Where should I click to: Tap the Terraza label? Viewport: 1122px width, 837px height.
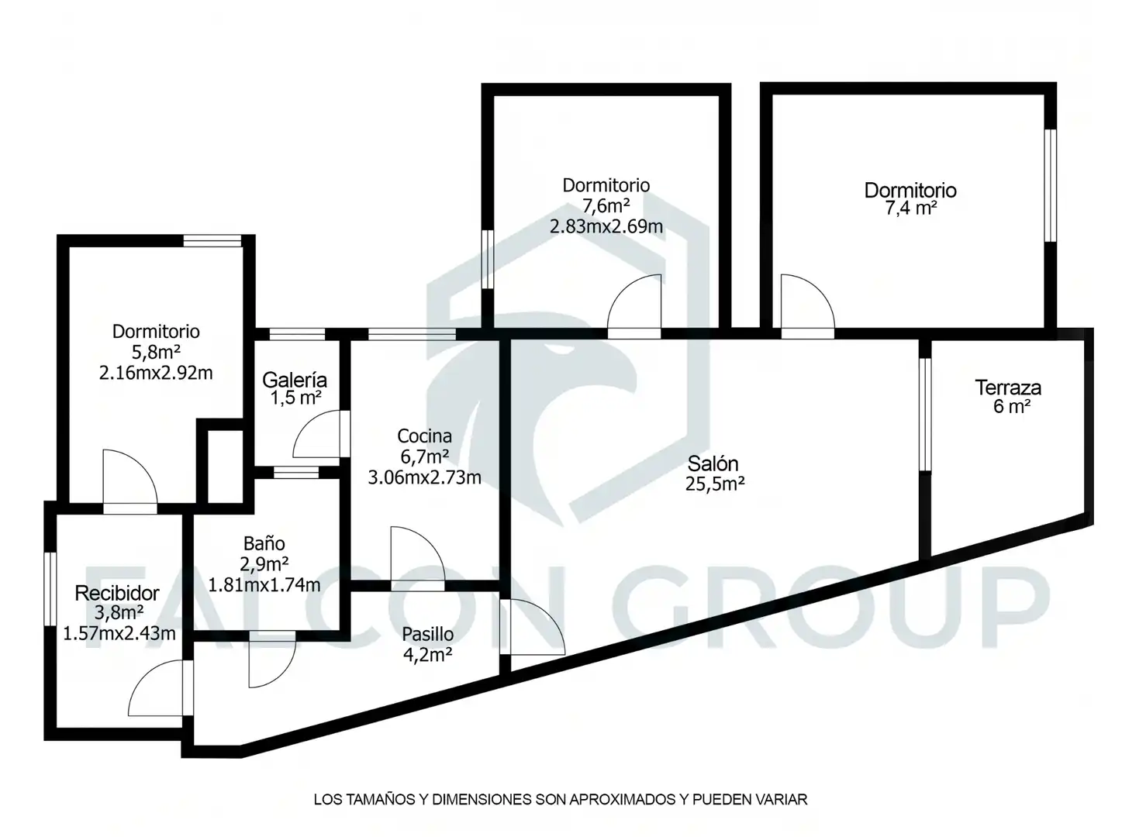click(1007, 387)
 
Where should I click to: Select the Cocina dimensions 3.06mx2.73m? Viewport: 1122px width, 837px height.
click(424, 477)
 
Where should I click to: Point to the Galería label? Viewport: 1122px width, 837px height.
click(295, 380)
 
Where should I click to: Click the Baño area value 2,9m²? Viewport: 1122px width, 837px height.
click(264, 563)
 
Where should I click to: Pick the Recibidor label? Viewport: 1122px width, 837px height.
click(117, 593)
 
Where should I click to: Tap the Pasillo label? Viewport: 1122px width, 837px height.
click(428, 634)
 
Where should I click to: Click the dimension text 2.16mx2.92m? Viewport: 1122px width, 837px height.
click(156, 373)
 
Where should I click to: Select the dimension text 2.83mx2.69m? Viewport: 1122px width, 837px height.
click(606, 226)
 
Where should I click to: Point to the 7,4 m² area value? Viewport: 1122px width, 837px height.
click(911, 208)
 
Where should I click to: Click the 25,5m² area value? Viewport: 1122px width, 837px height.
click(715, 483)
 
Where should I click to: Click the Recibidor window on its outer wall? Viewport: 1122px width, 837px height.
click(50, 589)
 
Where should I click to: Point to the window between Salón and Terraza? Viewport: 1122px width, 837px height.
click(925, 415)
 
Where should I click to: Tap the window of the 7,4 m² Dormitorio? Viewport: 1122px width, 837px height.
click(1050, 185)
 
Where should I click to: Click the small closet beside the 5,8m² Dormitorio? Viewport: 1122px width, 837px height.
click(226, 467)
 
